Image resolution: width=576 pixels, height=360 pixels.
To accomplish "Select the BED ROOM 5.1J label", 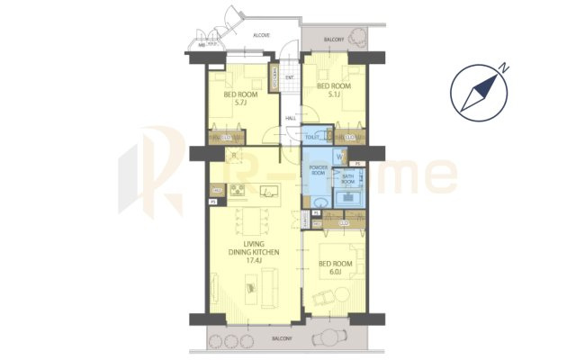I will coord(333,89).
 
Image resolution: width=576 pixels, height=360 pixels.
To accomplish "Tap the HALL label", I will coord(292,118).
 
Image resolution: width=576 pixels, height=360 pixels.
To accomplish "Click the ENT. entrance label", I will coord(290,77).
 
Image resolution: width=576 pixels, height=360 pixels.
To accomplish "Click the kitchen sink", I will coord(267,190).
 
